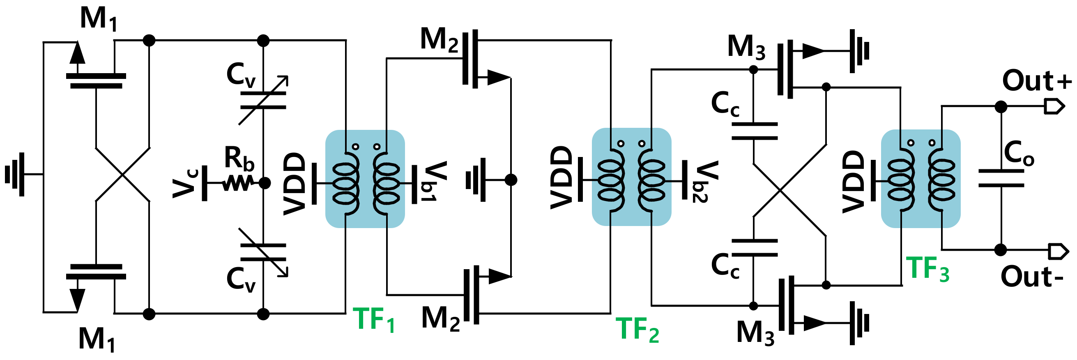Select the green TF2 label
(x=637, y=330)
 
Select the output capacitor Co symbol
(x=1001, y=178)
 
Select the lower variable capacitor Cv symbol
(x=263, y=252)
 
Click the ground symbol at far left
(x=16, y=174)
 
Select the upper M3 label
(x=746, y=47)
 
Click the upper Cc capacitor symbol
(x=754, y=131)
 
